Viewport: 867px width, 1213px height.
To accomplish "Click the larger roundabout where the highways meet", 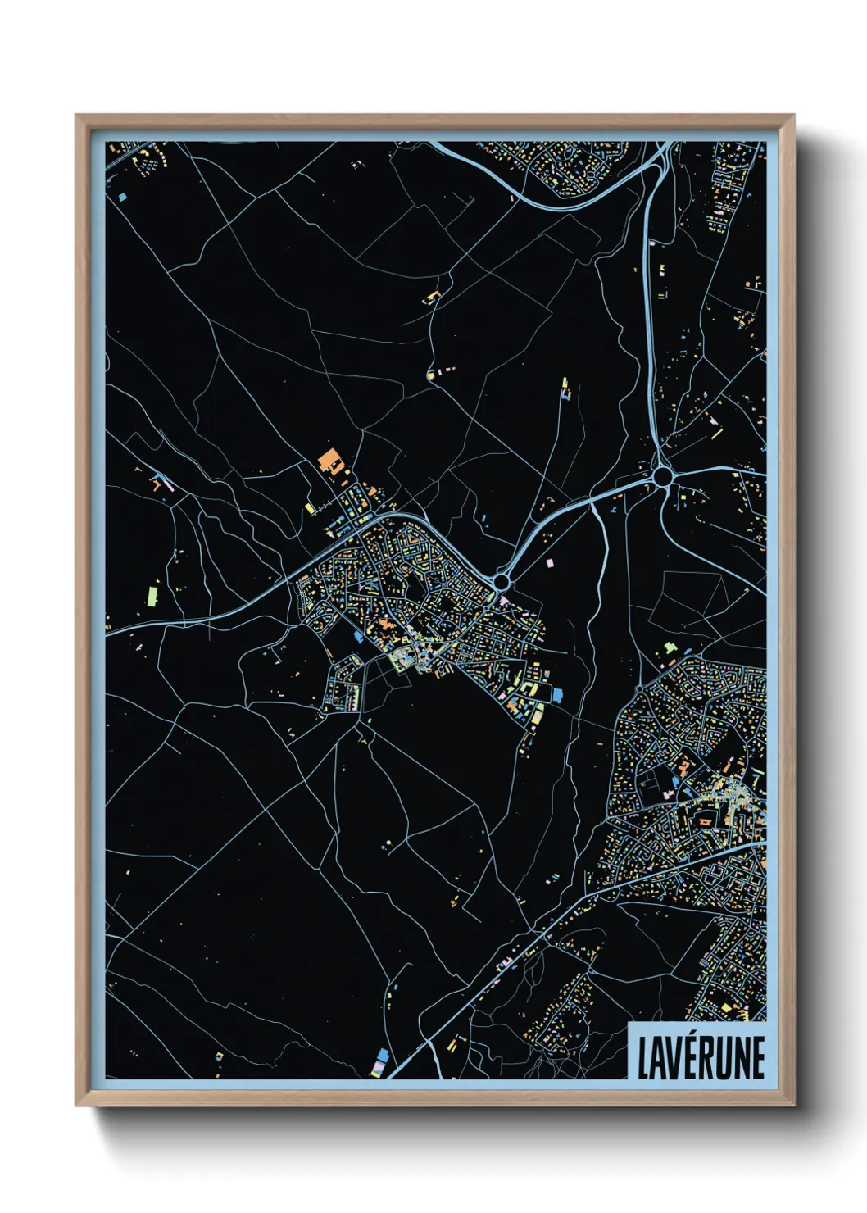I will tap(663, 475).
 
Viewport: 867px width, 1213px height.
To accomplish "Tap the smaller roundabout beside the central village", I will tap(502, 582).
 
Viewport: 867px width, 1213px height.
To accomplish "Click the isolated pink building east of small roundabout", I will tap(549, 562).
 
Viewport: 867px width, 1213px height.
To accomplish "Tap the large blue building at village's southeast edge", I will tap(558, 695).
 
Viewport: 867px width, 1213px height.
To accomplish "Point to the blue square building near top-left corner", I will tap(121, 197).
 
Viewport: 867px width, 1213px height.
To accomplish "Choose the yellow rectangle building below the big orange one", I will tap(310, 509).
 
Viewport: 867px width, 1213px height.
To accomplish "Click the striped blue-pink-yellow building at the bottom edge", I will tap(380, 1063).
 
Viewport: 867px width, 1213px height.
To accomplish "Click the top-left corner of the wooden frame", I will tap(77, 116).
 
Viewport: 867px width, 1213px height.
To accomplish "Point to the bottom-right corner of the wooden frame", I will tap(793, 1105).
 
